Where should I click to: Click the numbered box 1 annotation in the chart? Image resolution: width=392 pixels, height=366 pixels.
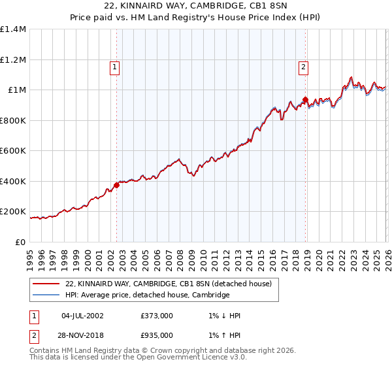coord(114,65)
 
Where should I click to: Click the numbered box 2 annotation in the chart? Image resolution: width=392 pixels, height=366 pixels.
coord(304,65)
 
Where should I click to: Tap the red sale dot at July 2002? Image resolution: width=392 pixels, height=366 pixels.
coord(116,185)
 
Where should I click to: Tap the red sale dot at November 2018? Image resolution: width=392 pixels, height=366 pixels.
coord(305,100)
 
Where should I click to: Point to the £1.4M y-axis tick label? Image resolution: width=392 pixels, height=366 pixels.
coord(13,29)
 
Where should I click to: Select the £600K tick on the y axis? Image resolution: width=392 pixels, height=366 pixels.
coord(13,151)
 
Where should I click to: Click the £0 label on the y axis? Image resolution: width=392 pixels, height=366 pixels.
coord(21,242)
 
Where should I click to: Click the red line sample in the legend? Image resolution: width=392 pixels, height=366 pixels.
coord(46,284)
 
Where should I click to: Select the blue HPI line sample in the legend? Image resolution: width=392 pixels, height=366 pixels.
coord(46,295)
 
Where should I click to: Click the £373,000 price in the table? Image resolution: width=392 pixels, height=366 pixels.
coord(156,316)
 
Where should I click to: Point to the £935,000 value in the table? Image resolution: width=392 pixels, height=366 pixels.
coord(156,335)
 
